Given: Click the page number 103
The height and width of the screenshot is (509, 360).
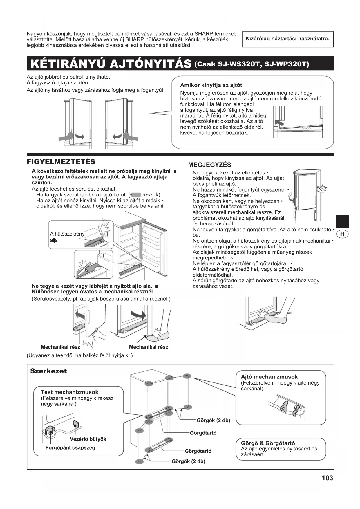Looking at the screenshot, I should (x=327, y=478).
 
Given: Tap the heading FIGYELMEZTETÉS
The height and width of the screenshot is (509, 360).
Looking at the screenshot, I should (x=61, y=162).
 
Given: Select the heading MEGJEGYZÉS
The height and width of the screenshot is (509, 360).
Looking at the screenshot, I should (x=209, y=165).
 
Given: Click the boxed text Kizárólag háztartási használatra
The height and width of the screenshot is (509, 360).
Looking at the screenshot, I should (x=287, y=39).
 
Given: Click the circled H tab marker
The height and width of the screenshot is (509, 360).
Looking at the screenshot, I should (x=343, y=234).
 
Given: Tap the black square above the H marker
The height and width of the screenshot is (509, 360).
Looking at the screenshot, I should (x=342, y=221).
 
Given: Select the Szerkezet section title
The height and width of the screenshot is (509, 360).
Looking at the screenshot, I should (x=48, y=371).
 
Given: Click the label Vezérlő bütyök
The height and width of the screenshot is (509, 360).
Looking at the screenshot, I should (x=88, y=439).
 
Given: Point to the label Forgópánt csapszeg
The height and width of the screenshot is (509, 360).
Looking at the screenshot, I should (x=70, y=447).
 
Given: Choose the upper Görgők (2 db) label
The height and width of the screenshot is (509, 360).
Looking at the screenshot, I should (x=213, y=420).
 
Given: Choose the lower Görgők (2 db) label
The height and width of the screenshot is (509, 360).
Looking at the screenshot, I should (x=188, y=461).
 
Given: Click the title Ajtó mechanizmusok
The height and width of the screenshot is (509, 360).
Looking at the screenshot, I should (x=269, y=377).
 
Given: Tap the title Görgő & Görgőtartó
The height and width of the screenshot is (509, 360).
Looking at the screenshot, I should (x=268, y=443).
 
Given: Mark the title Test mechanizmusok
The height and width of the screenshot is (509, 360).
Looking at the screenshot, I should (x=69, y=392).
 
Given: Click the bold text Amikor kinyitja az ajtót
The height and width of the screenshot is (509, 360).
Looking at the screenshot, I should (x=211, y=85).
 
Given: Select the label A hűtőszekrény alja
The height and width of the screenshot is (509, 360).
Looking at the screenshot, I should (x=67, y=237).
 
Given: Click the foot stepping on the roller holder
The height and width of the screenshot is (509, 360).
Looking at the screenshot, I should (x=276, y=317).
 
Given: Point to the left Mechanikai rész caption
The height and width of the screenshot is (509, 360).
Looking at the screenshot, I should (x=60, y=347).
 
